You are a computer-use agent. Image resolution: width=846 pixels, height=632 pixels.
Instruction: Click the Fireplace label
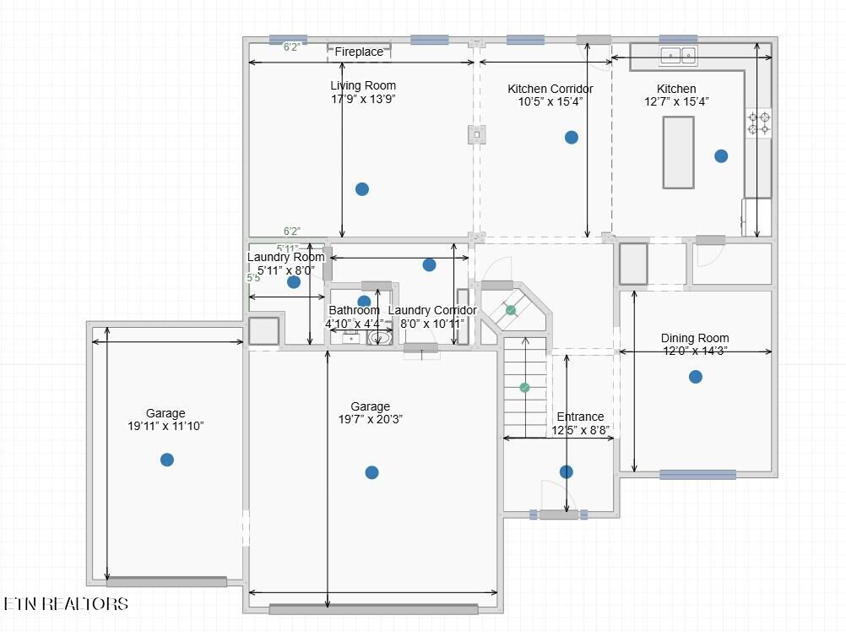click(359, 52)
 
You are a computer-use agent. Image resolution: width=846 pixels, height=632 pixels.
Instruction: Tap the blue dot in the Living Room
click(362, 189)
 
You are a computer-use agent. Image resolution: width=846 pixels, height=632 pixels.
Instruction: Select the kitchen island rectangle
click(678, 152)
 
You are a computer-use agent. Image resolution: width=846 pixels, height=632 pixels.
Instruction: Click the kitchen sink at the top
click(678, 55)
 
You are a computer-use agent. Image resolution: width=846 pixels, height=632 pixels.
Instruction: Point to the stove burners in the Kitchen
click(758, 123)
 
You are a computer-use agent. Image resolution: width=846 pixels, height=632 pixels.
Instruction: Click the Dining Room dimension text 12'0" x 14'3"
click(695, 351)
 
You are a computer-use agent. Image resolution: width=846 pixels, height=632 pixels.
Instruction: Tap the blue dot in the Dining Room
click(696, 377)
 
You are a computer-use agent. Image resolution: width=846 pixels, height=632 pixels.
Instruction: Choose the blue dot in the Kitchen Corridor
click(572, 137)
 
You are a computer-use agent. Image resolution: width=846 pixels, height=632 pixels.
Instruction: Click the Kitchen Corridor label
click(550, 89)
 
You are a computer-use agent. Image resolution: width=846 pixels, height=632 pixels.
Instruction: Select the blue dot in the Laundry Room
click(294, 281)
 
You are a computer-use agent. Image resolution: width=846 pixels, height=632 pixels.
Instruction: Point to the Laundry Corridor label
click(432, 310)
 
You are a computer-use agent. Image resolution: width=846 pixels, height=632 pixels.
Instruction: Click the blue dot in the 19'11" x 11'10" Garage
click(167, 460)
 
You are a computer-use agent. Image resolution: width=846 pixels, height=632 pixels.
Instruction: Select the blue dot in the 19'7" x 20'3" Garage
click(371, 473)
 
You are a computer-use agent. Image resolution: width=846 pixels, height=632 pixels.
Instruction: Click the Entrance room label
click(581, 417)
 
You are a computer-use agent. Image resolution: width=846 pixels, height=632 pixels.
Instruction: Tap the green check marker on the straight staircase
click(524, 388)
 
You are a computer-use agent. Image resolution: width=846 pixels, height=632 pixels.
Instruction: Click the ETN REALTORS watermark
click(66, 603)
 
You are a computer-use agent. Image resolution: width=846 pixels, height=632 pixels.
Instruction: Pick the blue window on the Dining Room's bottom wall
click(697, 475)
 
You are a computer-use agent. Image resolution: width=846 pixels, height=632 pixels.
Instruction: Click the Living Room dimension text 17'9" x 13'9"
click(363, 99)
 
